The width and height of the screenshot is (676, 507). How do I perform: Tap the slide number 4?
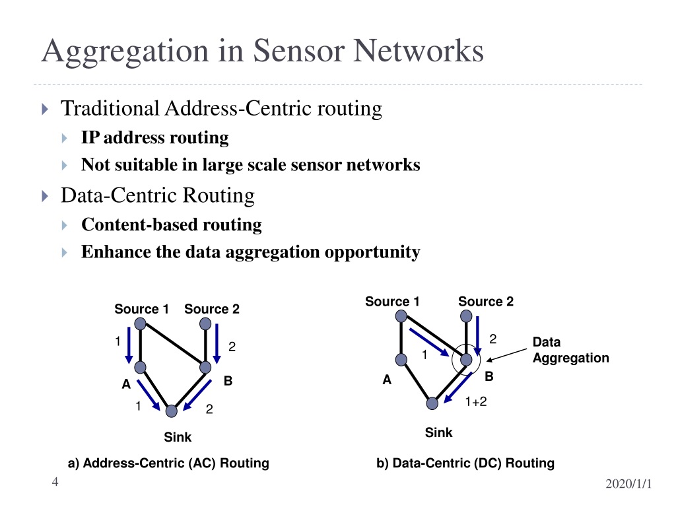point(55,481)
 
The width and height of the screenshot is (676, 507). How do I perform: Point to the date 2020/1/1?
point(628,484)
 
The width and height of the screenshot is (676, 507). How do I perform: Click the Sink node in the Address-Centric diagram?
point(172,411)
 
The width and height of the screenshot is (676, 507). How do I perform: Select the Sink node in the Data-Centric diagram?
point(432,403)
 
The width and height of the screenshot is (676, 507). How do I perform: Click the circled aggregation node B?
point(466,360)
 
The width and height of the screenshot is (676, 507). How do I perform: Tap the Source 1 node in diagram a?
point(140,323)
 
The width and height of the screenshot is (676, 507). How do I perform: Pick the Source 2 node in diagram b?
point(466,316)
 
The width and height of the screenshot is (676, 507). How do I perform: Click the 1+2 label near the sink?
point(476,402)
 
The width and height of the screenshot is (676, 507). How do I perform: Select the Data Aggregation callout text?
point(571,350)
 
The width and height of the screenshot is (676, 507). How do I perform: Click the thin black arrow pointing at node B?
point(506,355)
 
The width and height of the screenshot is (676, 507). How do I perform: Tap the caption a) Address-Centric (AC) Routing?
point(168,463)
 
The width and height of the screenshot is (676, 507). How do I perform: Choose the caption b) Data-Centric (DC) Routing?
point(465,463)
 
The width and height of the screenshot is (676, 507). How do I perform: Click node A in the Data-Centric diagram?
point(401,360)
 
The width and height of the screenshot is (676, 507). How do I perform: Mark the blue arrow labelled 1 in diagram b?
point(429,343)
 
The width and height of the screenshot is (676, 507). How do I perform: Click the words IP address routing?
point(154,137)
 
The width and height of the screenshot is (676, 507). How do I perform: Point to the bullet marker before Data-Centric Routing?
point(45,196)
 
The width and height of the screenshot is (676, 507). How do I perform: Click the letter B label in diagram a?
point(228,381)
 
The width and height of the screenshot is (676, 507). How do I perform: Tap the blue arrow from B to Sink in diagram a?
point(197,395)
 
